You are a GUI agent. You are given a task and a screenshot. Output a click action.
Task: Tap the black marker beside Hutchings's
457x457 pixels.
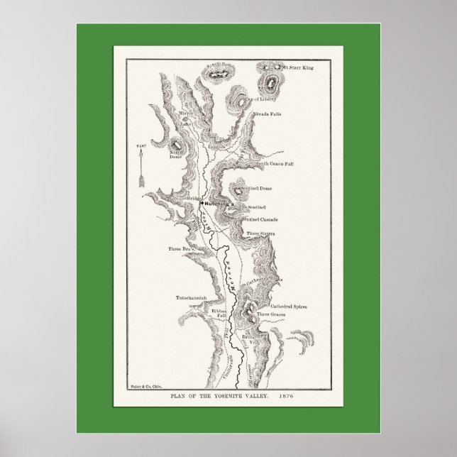202,203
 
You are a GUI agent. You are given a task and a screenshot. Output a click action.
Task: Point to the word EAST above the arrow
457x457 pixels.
141,145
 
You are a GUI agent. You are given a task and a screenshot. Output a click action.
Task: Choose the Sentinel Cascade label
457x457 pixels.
267,220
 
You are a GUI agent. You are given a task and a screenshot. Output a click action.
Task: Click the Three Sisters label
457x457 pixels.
260,233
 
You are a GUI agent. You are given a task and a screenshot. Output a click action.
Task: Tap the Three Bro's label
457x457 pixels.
180,248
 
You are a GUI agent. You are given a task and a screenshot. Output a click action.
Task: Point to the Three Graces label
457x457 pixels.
272,314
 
